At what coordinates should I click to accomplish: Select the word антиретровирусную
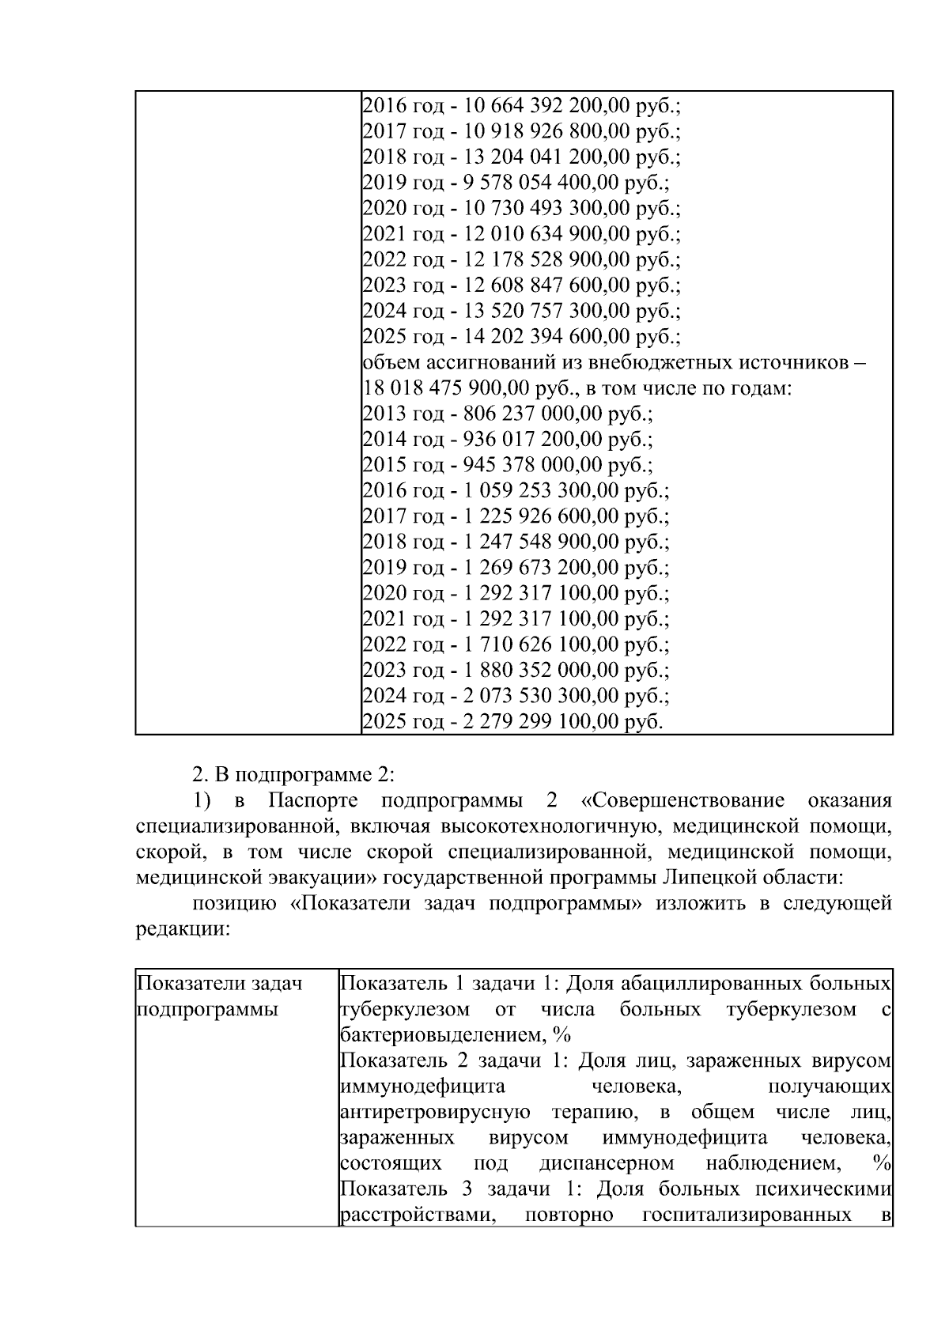(434, 1112)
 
